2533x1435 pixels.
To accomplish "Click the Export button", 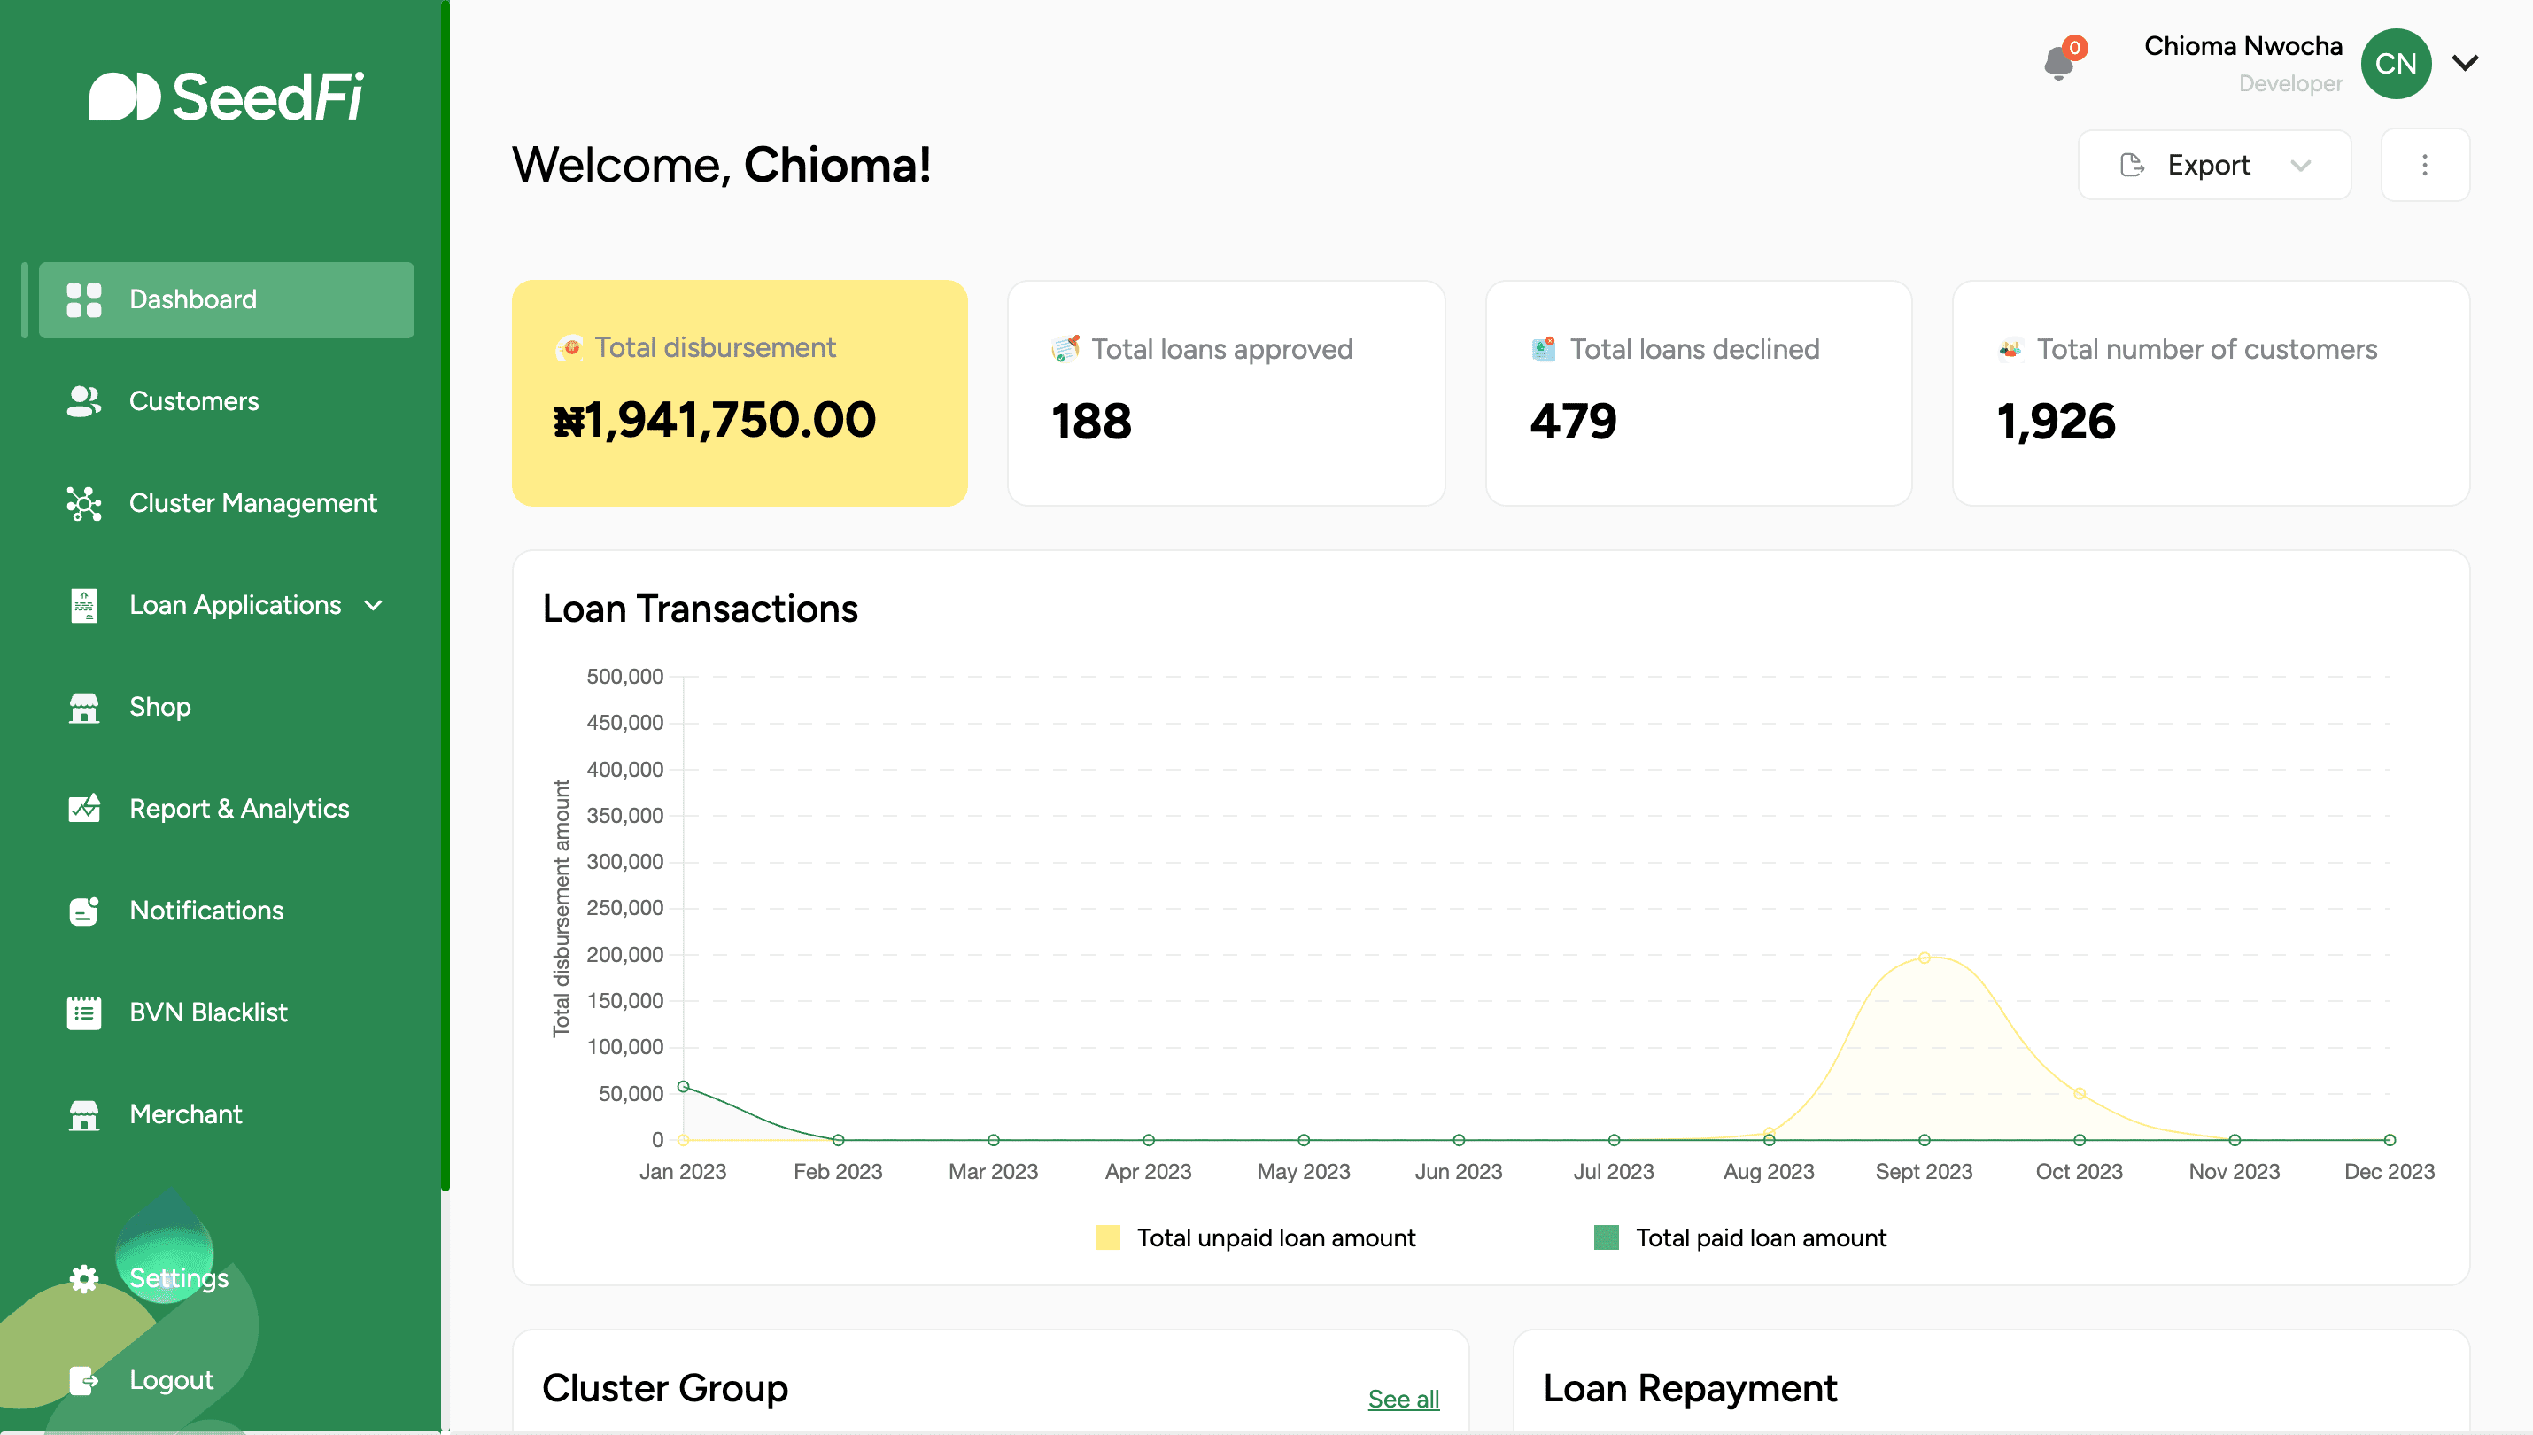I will coord(2212,165).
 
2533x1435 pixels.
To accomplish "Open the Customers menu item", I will coord(193,401).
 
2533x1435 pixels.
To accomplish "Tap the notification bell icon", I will coord(2058,63).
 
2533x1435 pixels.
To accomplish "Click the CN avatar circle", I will coord(2395,64).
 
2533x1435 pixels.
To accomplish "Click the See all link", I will coord(1403,1399).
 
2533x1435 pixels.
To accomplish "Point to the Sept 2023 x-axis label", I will coord(1923,1172).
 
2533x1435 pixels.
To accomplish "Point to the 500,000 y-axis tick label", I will coord(624,677).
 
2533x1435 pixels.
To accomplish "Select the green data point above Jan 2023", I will coord(683,1087).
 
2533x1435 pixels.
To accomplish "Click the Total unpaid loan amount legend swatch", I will coord(1107,1237).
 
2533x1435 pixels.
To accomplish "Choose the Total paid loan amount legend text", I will coord(1761,1237).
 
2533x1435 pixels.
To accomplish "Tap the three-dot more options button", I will coord(2425,165).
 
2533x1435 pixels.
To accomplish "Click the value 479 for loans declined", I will coord(1574,422).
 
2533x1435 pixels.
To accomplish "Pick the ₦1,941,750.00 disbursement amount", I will coord(714,421).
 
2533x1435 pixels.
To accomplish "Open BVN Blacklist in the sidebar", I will coord(208,1012).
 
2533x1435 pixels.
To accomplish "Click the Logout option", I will coord(170,1380).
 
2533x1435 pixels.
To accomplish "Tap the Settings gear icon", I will coord(84,1278).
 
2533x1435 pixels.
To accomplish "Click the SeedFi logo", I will coord(227,97).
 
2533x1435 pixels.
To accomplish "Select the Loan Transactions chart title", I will coord(700,609).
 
